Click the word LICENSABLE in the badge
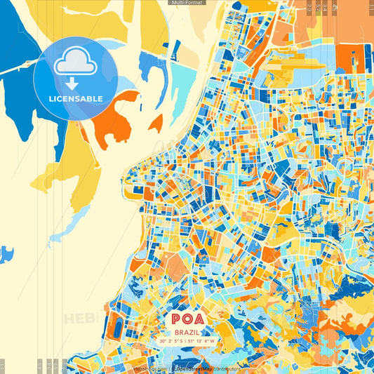[x=76, y=98]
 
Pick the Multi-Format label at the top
[x=186, y=3]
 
